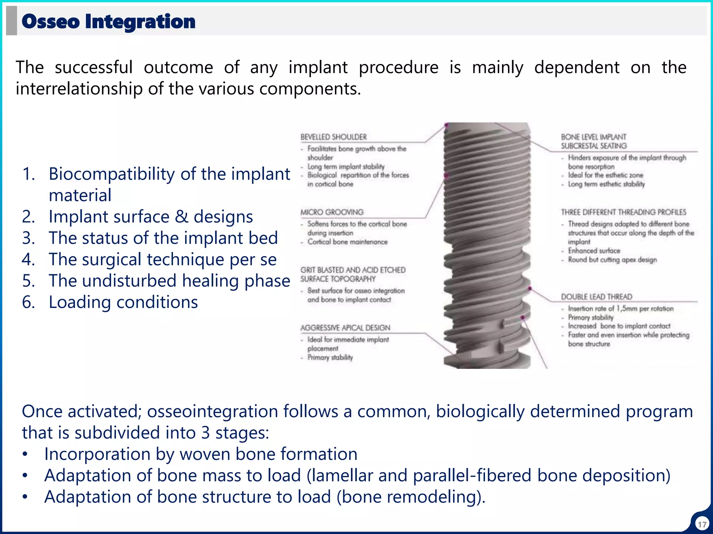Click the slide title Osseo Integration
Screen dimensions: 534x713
(x=108, y=22)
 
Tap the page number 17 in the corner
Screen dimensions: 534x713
(x=702, y=524)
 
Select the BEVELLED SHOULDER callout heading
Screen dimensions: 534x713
(x=334, y=137)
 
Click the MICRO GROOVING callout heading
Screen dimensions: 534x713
(x=332, y=212)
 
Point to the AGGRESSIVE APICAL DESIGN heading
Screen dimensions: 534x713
(x=345, y=328)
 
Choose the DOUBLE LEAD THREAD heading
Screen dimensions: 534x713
(x=596, y=297)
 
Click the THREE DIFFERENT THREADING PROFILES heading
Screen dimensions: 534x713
(x=623, y=212)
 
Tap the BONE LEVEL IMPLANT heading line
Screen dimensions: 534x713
(x=593, y=137)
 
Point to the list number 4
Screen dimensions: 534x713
(x=28, y=260)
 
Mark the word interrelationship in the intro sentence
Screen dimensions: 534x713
(x=79, y=89)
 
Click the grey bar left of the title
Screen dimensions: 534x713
(x=11, y=21)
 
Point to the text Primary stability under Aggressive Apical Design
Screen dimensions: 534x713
(x=330, y=357)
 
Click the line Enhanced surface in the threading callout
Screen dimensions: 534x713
(x=594, y=251)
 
